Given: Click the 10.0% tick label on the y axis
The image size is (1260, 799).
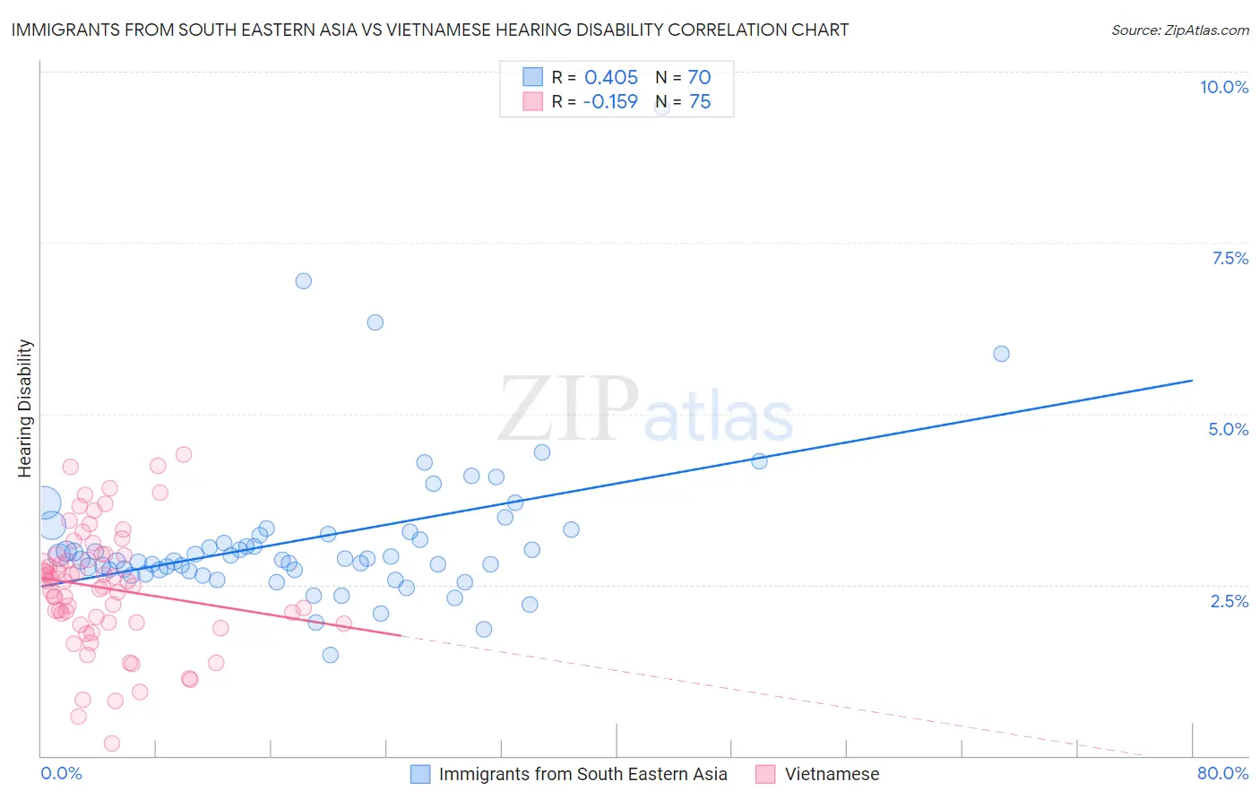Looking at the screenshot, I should (x=1223, y=87).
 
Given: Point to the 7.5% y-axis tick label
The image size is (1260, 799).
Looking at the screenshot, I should (x=1230, y=258).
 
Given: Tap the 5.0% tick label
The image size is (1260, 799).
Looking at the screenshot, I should (x=1228, y=429).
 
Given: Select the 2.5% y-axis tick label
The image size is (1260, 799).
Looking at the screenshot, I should (x=1229, y=601).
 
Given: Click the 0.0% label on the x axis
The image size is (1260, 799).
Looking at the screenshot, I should (x=61, y=773).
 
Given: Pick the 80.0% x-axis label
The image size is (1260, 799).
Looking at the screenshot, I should (x=1222, y=773).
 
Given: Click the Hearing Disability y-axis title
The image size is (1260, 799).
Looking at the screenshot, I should (x=25, y=408).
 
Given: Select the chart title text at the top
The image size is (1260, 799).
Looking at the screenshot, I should (x=430, y=30).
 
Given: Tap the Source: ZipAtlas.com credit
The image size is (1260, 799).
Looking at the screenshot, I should (x=1179, y=30).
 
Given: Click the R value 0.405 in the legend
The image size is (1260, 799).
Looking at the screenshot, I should (x=611, y=77).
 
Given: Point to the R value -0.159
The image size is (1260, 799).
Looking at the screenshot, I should (x=609, y=102).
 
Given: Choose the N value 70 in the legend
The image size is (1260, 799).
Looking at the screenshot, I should (x=699, y=77).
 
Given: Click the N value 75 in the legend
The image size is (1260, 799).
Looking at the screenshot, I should (x=699, y=102).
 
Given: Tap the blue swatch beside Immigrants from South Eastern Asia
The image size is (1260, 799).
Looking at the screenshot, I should (x=420, y=774).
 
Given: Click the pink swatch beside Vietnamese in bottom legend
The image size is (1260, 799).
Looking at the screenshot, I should (x=765, y=774).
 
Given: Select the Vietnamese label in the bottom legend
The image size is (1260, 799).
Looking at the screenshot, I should (x=832, y=774).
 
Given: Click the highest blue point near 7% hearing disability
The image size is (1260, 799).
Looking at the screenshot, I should (x=304, y=281).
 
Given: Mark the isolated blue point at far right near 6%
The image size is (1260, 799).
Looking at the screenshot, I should (x=1001, y=354).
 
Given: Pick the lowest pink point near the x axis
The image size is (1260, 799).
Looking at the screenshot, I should (x=112, y=743).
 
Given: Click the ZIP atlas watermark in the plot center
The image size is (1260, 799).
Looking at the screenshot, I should (x=645, y=409).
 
